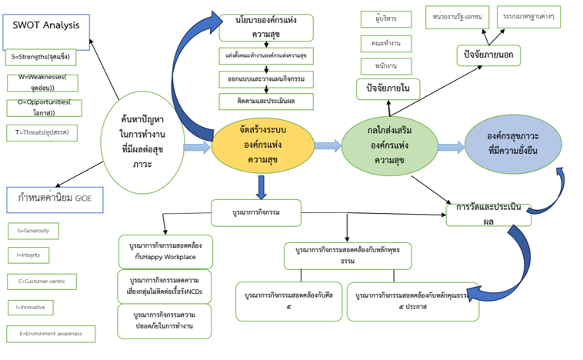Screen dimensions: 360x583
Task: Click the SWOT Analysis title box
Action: [46, 26]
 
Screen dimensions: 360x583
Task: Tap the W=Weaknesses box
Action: [48, 82]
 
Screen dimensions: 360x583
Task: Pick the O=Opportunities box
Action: [44, 107]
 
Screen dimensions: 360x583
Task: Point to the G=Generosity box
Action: [32, 231]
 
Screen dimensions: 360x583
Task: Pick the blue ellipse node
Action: [511, 144]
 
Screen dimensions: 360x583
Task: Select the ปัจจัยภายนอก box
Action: [488, 55]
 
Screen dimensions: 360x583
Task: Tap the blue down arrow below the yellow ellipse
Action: [262, 187]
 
